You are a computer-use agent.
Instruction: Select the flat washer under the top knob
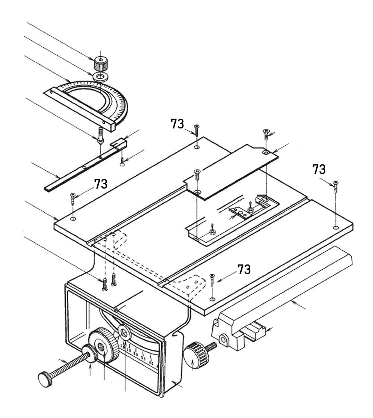(x=100, y=77)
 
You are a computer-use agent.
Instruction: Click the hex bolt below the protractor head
(x=100, y=136)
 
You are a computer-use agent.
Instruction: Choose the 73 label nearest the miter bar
(x=101, y=184)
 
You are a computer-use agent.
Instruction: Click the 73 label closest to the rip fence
(x=244, y=270)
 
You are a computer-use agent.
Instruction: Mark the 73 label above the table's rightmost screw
(x=319, y=169)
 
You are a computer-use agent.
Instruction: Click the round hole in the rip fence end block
(x=223, y=339)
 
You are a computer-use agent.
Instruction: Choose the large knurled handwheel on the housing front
(x=104, y=345)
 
